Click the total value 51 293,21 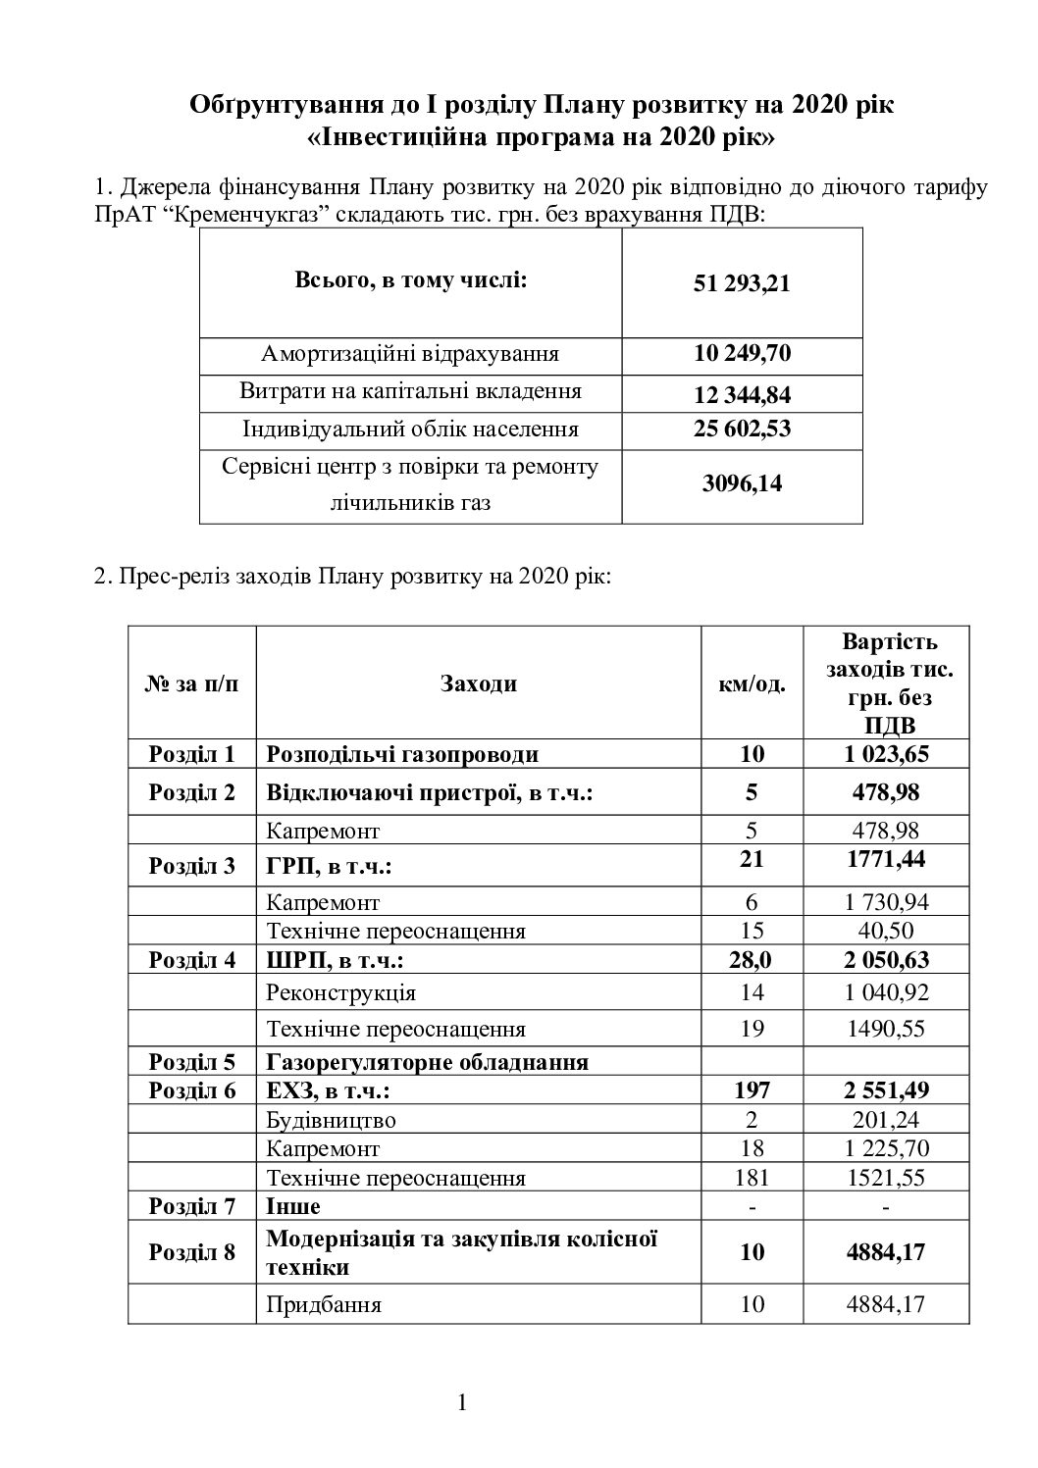[741, 284]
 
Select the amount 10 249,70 [741, 353]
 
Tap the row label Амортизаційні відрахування [410, 354]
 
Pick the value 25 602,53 [741, 429]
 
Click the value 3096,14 [741, 483]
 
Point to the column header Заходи [478, 683]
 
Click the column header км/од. [752, 683]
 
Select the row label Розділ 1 [192, 754]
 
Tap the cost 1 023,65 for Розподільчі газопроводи [885, 754]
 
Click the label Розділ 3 [192, 866]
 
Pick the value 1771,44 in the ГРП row [885, 860]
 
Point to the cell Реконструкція [340, 992]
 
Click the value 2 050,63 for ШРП [885, 959]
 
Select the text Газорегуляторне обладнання [427, 1062]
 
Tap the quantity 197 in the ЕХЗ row [752, 1089]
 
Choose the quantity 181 [752, 1178]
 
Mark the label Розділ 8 [192, 1252]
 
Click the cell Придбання [324, 1304]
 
